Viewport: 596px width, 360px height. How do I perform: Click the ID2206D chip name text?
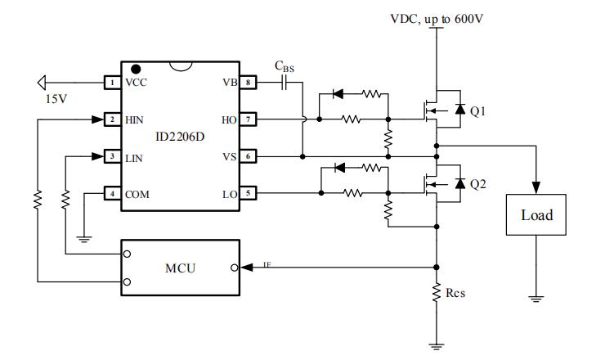(180, 137)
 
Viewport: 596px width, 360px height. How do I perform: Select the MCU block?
(180, 268)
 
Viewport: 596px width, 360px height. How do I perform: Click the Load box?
(536, 215)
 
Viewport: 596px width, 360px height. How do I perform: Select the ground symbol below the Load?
(536, 298)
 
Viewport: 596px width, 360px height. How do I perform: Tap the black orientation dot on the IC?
(137, 68)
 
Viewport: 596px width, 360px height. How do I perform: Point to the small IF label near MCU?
(267, 263)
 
